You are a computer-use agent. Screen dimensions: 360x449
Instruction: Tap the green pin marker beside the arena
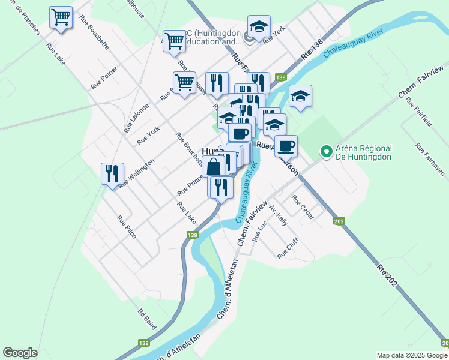point(326,152)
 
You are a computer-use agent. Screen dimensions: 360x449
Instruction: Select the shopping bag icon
point(214,167)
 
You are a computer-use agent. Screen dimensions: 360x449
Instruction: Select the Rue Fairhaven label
point(429,160)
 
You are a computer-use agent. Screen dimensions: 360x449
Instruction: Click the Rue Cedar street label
point(303,207)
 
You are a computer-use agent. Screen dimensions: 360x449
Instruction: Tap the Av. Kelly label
point(279,214)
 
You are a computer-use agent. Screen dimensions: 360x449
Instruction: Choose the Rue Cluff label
point(288,248)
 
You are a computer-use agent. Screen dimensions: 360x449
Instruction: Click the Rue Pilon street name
point(127,227)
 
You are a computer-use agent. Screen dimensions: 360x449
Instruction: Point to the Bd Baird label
point(147,319)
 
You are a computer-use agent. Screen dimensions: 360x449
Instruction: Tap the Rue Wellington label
point(136,173)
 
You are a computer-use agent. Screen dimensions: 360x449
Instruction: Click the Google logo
point(20,353)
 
